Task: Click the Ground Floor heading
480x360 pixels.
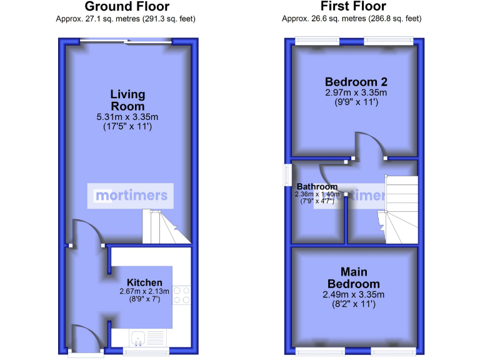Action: point(127,7)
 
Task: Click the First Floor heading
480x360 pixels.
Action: point(353,7)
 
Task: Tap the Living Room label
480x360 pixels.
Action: point(127,100)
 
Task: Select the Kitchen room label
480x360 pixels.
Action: point(144,282)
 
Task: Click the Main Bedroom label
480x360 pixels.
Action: point(353,277)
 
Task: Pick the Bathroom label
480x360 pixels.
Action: point(317,186)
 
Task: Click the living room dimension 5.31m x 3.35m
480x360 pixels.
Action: point(127,117)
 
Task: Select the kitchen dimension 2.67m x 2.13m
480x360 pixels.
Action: point(144,291)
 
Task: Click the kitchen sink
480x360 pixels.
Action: point(139,338)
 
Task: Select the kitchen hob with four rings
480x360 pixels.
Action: point(182,295)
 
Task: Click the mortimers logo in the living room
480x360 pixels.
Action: point(131,195)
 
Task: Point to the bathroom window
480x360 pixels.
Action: point(287,175)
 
